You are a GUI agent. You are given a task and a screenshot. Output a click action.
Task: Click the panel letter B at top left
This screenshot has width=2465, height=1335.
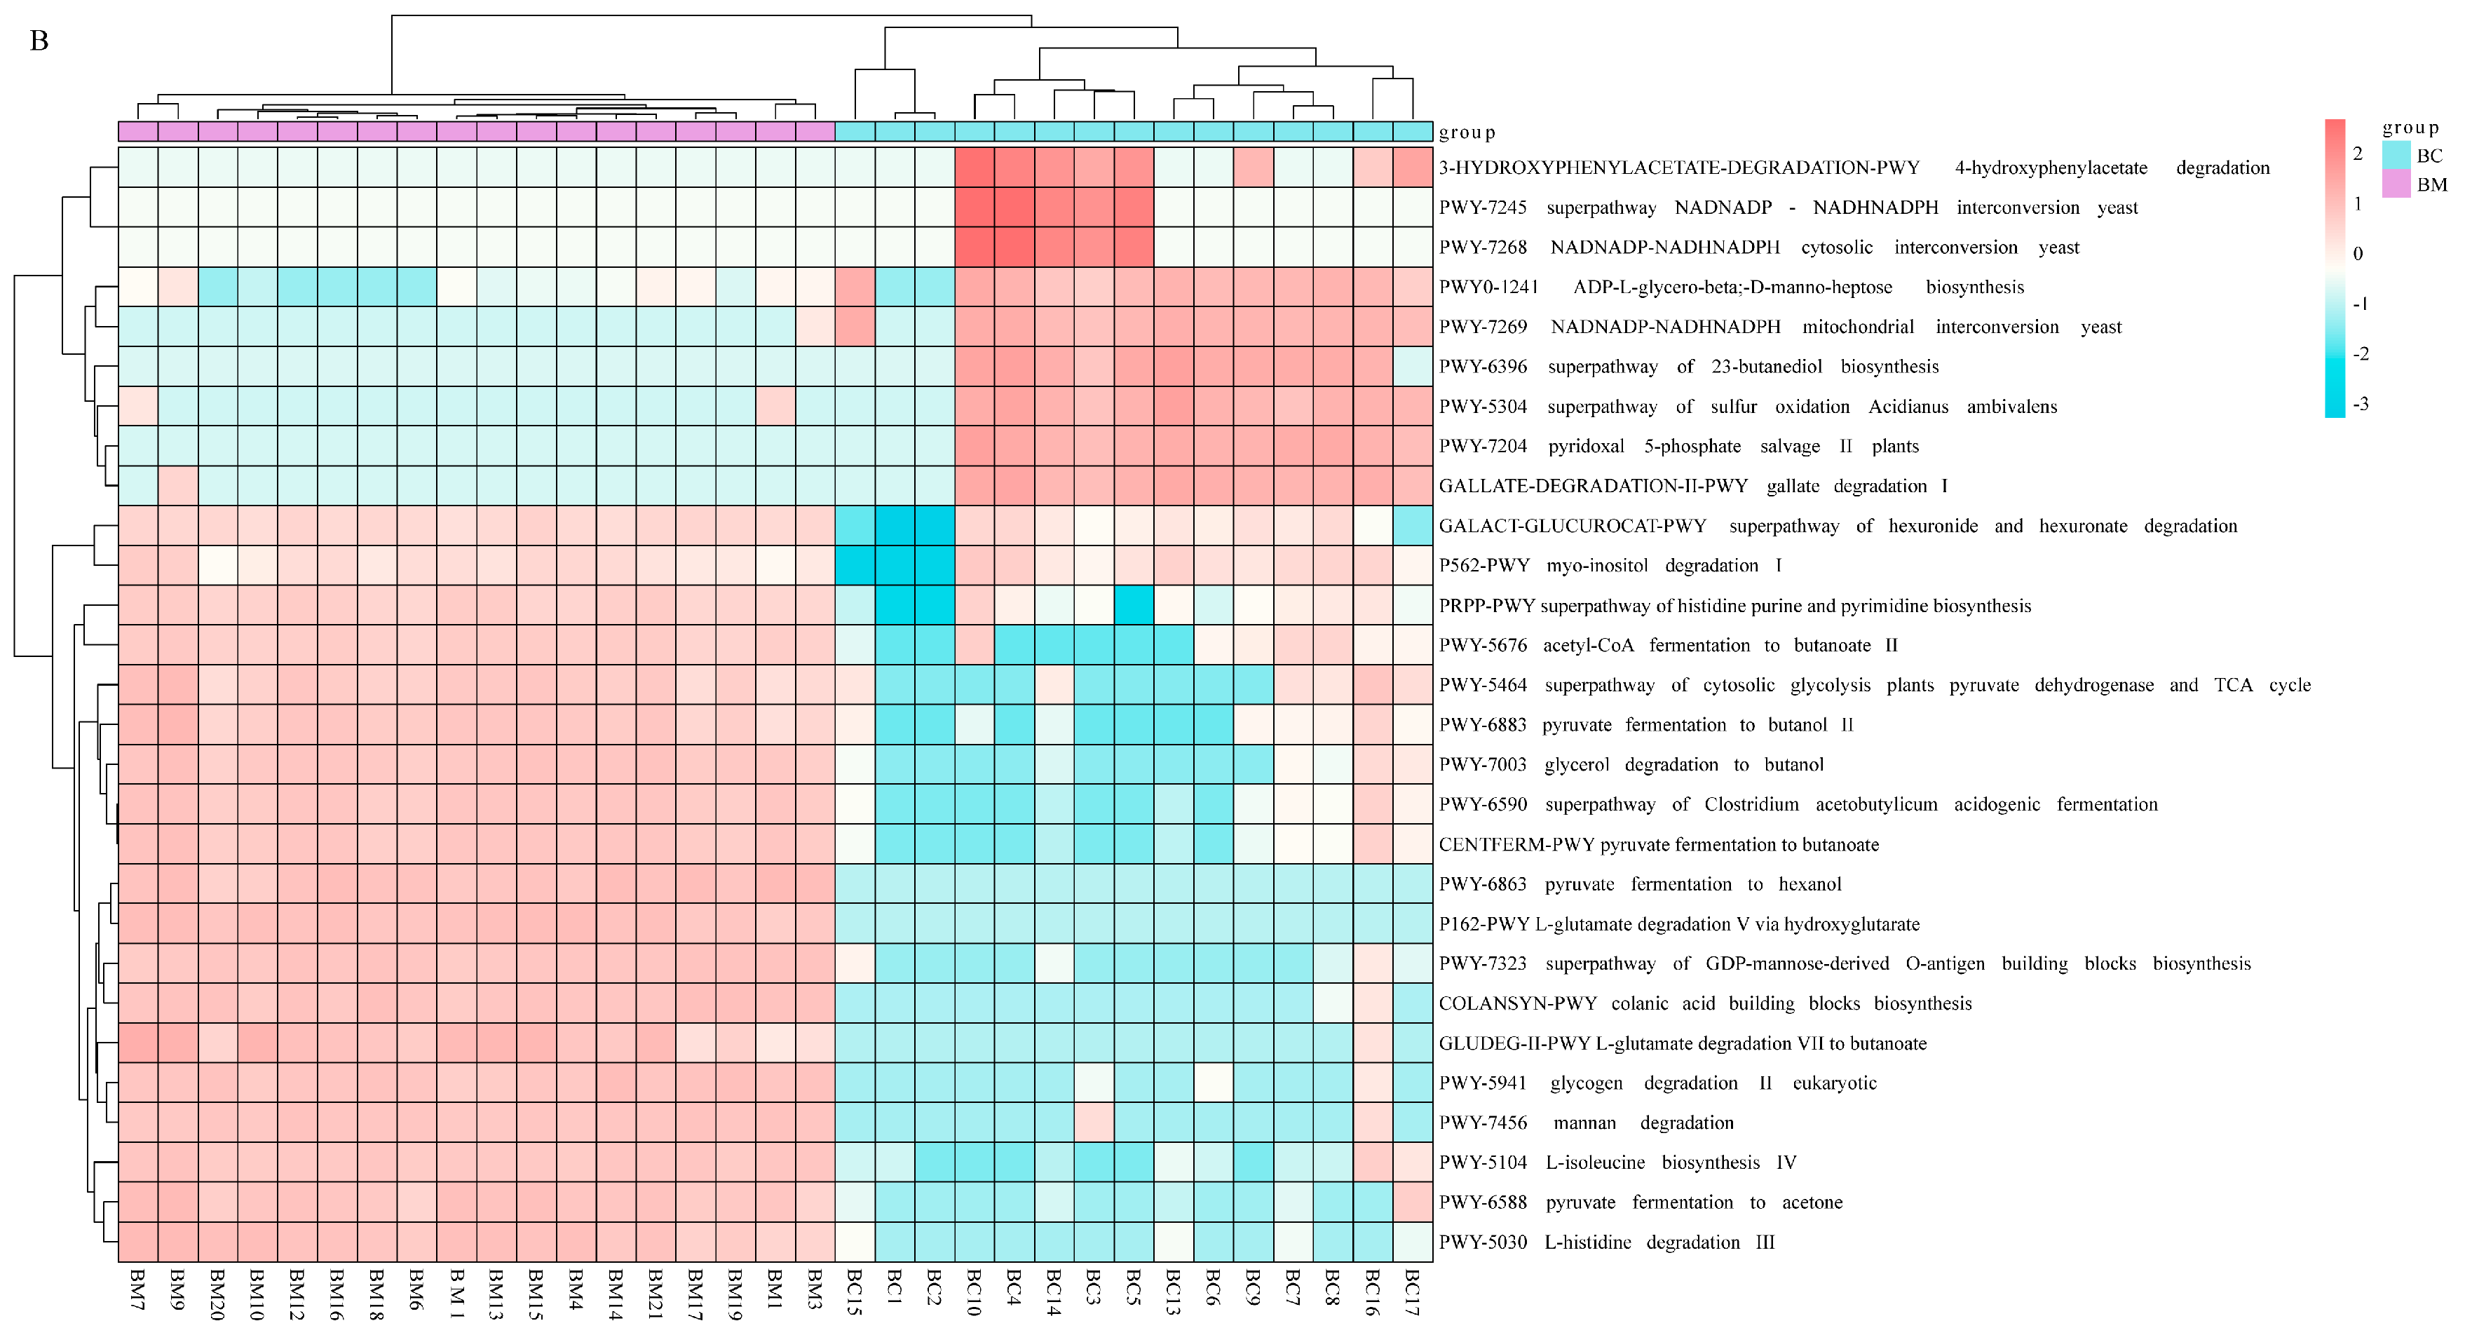[39, 41]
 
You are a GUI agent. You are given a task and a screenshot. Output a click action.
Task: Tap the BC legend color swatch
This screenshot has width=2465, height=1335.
[2397, 155]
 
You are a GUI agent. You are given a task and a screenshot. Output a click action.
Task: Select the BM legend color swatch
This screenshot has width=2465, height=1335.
[2397, 184]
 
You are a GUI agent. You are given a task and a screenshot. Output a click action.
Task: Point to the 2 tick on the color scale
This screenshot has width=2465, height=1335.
[2358, 153]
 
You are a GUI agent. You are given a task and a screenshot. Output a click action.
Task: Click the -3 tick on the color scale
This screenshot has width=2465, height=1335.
[2361, 404]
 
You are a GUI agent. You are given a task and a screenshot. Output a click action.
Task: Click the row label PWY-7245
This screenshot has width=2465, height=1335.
[1482, 208]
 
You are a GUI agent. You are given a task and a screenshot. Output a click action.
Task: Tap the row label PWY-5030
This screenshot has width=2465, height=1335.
[1482, 1242]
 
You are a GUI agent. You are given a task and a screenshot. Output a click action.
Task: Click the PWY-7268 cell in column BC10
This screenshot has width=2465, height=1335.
[974, 247]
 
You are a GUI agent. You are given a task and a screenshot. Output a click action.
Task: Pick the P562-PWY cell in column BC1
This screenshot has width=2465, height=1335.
[895, 566]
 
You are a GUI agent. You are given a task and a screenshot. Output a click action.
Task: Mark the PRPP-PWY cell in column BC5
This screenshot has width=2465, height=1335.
[1134, 605]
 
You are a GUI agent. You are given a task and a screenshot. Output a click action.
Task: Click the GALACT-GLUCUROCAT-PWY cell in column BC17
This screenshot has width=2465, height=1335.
[1413, 525]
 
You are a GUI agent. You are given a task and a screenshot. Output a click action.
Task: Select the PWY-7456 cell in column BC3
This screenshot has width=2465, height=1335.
[1094, 1123]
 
